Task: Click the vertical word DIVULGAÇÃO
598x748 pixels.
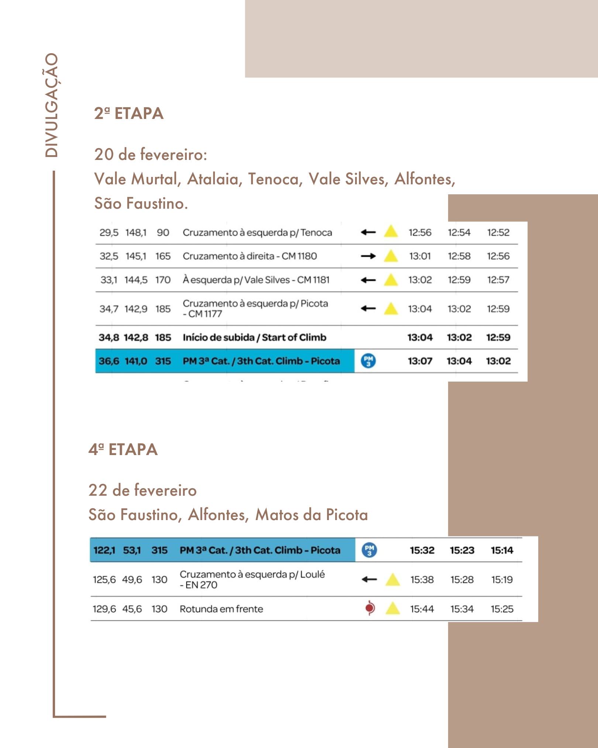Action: point(51,106)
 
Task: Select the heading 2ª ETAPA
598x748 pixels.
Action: point(129,113)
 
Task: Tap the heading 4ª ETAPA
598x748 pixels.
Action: point(123,450)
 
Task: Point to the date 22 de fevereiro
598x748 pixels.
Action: point(142,490)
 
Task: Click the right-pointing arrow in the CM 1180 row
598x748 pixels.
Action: point(368,256)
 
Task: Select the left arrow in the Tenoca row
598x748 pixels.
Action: point(368,232)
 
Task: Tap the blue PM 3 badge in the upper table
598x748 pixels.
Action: point(368,361)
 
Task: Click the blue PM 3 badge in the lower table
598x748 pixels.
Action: point(369,550)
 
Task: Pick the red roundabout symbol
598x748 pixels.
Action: point(370,608)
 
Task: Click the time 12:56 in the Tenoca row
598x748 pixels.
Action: point(420,232)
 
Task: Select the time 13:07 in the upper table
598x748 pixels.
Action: point(420,361)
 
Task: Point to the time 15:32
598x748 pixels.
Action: point(422,550)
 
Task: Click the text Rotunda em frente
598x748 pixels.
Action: point(221,609)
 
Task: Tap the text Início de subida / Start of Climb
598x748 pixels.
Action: point(254,337)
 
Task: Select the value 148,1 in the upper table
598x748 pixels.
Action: point(135,233)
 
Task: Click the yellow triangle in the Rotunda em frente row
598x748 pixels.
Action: point(392,608)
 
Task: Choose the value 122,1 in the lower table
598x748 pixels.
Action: point(104,550)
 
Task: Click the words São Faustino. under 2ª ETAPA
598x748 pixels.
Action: point(141,203)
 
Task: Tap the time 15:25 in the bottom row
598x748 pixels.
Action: point(502,609)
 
